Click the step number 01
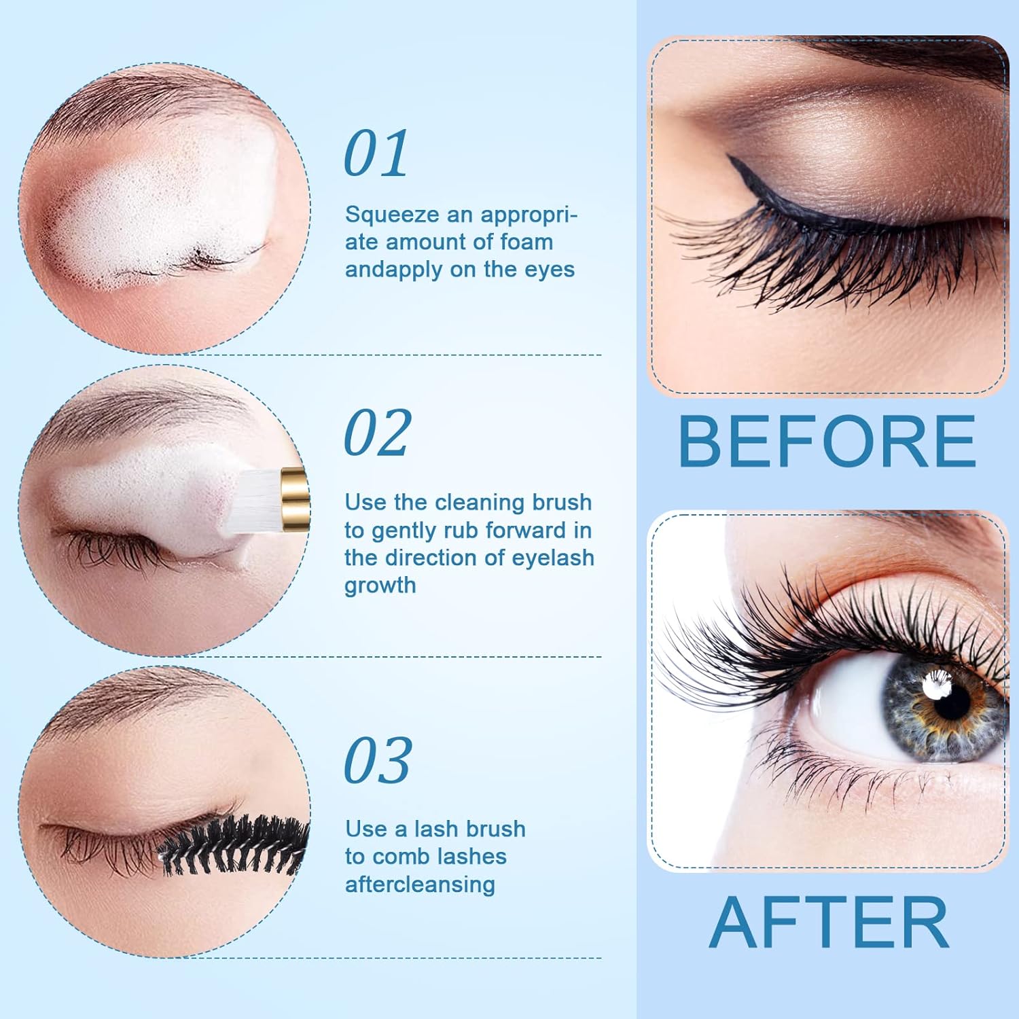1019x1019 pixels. [x=376, y=154]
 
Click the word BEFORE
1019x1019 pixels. [x=827, y=442]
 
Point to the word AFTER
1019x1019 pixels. [x=829, y=923]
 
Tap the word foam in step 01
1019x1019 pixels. [x=526, y=242]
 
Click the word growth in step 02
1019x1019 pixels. [x=380, y=586]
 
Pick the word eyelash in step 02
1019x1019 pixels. [x=553, y=558]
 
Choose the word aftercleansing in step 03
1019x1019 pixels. [x=420, y=884]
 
